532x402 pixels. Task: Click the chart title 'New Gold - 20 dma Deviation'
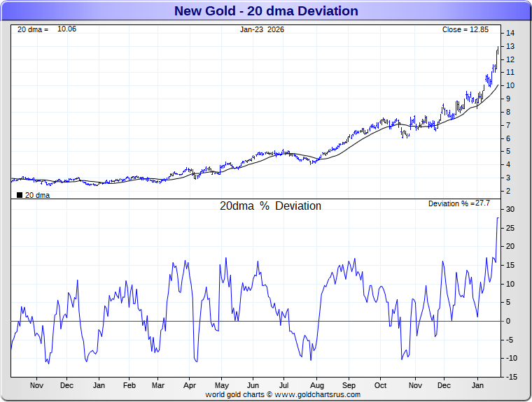click(x=265, y=11)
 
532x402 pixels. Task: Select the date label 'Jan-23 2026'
click(x=262, y=29)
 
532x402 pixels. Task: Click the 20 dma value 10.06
click(x=66, y=29)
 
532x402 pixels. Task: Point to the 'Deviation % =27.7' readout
click(x=458, y=203)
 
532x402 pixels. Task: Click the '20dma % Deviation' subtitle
click(x=270, y=206)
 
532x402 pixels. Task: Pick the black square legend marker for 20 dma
click(x=20, y=195)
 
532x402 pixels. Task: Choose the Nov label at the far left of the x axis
click(x=36, y=385)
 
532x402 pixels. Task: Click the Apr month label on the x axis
click(x=190, y=385)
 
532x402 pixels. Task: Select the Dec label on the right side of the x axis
click(x=444, y=385)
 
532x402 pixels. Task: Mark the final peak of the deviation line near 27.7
click(x=498, y=218)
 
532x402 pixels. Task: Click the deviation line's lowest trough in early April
click(x=197, y=361)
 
